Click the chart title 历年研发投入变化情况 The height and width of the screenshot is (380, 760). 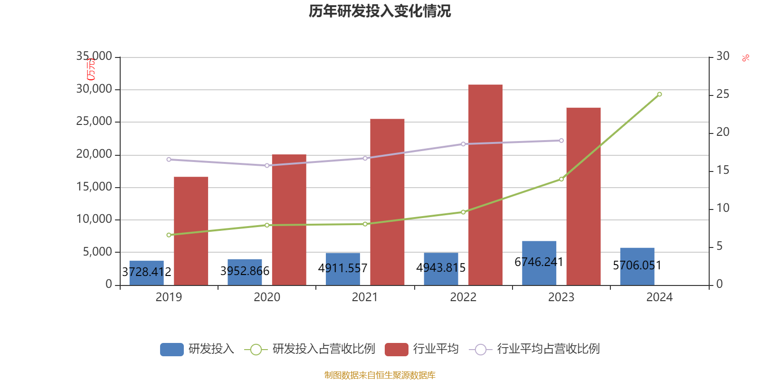tap(380, 11)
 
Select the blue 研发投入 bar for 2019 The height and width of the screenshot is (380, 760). tap(146, 273)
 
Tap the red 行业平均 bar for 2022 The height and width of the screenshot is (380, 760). tap(485, 185)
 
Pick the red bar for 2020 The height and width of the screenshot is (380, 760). tap(289, 219)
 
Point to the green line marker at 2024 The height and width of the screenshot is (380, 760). tap(659, 95)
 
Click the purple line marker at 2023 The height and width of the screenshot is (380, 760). tap(561, 141)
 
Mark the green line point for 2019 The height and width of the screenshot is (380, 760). tap(169, 235)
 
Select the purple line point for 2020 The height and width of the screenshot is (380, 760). tap(267, 166)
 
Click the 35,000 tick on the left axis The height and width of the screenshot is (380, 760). tap(94, 57)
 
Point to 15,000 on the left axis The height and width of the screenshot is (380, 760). tap(94, 187)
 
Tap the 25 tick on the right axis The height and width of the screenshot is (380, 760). tap(722, 95)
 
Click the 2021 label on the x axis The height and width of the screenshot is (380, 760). tap(365, 297)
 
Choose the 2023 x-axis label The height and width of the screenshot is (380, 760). tap(561, 297)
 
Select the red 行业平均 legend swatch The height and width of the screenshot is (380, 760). tap(397, 350)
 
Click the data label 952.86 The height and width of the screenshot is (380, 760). tap(245, 271)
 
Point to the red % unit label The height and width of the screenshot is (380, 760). tap(746, 58)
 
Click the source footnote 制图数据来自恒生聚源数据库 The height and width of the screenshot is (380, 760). tap(380, 375)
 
